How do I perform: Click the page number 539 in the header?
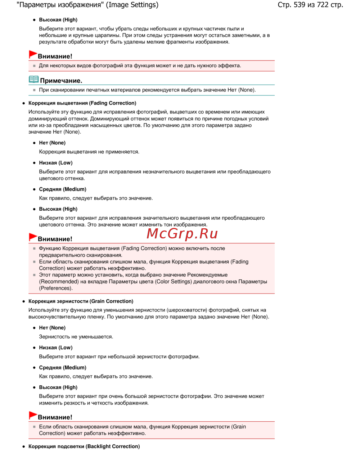299,5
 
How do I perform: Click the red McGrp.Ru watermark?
182,234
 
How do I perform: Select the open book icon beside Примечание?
33,79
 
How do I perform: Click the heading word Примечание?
61,81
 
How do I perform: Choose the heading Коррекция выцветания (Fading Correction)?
82,103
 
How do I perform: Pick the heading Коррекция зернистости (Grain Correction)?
81,301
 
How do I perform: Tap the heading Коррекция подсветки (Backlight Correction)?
84,446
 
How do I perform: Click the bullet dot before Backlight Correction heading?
24,447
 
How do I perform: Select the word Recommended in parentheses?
58,282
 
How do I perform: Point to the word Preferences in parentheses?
56,288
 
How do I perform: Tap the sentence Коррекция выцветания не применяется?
89,152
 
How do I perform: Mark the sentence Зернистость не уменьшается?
76,337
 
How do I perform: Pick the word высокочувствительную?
57,317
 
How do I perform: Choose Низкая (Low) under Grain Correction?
55,348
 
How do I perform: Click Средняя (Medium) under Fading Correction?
62,189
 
